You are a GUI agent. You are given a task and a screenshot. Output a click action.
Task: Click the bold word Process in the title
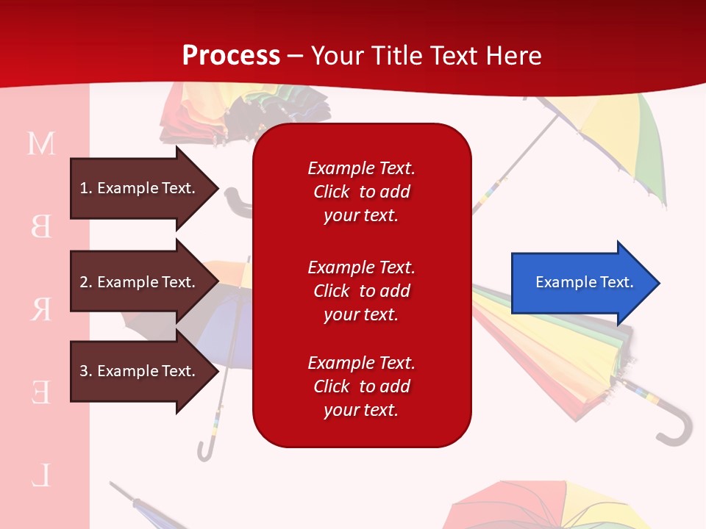click(x=231, y=56)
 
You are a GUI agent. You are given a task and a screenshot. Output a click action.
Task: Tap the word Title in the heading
click(x=396, y=56)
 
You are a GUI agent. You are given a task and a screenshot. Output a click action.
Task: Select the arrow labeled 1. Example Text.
click(x=145, y=188)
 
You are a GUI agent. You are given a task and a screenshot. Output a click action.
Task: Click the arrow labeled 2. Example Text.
click(x=145, y=282)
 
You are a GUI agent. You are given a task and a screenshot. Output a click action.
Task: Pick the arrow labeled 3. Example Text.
click(x=145, y=371)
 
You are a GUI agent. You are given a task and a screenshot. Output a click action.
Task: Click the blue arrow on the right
click(x=586, y=283)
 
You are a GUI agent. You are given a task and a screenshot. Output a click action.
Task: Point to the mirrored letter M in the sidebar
click(x=41, y=143)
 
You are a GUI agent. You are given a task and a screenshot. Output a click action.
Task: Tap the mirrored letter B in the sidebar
click(x=41, y=226)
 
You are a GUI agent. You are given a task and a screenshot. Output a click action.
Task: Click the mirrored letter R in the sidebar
click(x=41, y=309)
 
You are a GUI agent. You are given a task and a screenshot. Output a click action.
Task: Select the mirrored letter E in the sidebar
click(x=41, y=392)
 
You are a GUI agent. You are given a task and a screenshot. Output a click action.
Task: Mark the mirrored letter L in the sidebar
click(x=41, y=475)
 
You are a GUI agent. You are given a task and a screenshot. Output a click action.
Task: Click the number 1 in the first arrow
click(x=84, y=188)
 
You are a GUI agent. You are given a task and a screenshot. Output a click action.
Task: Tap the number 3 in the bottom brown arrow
click(x=84, y=371)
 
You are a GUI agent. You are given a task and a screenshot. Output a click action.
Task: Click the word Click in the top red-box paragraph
click(x=332, y=192)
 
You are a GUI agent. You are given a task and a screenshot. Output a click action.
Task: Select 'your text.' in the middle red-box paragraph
click(x=361, y=315)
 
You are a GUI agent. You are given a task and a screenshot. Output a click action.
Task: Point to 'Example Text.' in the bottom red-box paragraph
click(x=362, y=362)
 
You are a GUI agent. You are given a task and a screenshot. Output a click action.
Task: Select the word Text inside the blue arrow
click(x=617, y=282)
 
